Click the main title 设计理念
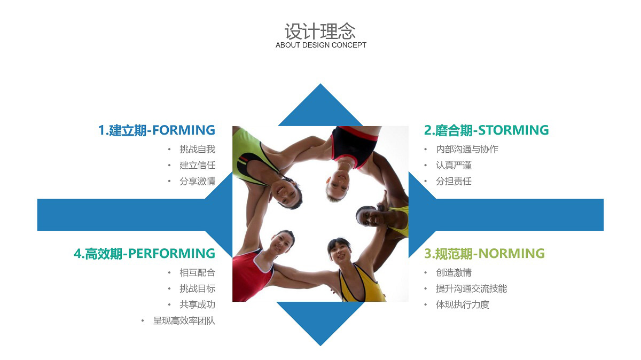[320, 32]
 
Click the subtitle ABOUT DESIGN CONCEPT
[321, 45]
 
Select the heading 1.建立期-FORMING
[157, 130]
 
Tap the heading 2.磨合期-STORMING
[486, 130]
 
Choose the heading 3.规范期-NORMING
[484, 254]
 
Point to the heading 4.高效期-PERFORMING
[144, 254]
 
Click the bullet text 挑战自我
[198, 150]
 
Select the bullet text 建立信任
[198, 166]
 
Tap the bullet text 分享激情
[198, 182]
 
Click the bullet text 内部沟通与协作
[467, 150]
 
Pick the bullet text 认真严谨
[454, 166]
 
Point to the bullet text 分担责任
[454, 182]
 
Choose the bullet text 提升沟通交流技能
[471, 289]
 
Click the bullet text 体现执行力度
[463, 305]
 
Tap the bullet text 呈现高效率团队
[184, 321]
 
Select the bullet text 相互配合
[198, 273]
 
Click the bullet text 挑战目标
[198, 289]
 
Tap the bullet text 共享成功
[198, 305]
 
